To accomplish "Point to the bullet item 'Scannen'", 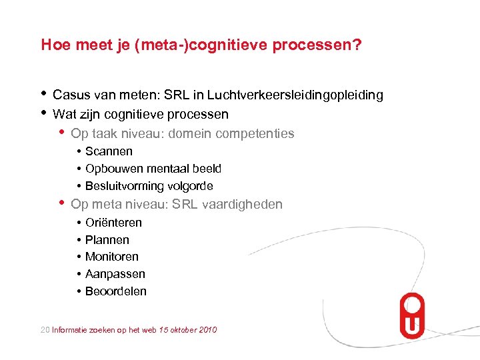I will (109, 151).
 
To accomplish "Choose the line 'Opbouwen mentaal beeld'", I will (153, 169).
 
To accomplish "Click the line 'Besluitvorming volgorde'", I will (149, 186).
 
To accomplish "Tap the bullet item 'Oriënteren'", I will (113, 223).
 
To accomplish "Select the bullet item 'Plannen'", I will (107, 240).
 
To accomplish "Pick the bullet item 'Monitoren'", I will (111, 257).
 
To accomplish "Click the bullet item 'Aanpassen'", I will (115, 274).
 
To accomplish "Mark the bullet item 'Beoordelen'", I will (115, 291).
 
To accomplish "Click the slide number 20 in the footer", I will (45, 330).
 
